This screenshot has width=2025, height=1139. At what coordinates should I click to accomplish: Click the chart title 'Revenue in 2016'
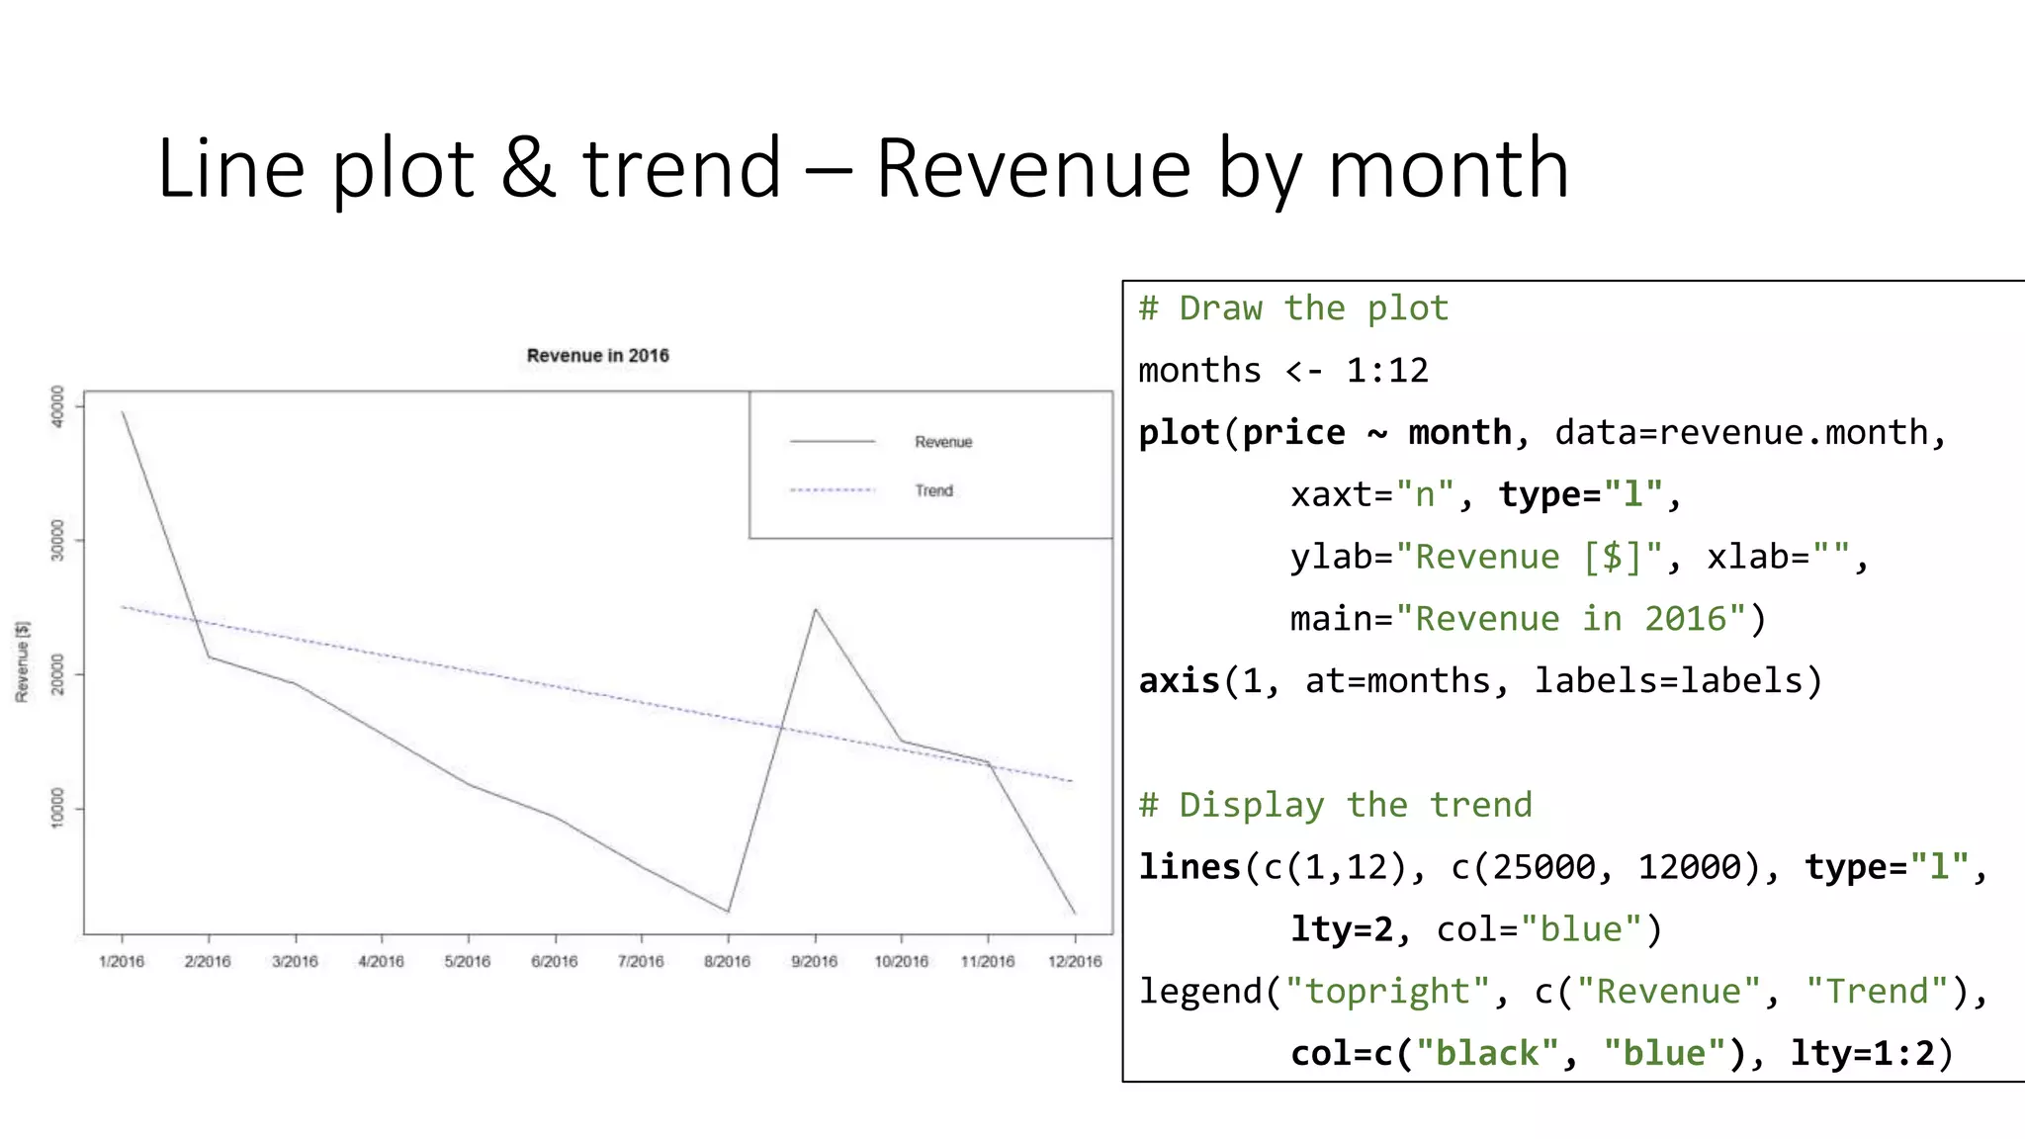point(597,356)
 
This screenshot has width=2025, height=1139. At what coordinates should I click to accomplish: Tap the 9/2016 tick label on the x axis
point(814,961)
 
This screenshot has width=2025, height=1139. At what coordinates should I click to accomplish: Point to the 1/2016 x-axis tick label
point(122,961)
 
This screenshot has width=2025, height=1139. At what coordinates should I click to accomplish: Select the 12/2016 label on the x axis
point(1075,961)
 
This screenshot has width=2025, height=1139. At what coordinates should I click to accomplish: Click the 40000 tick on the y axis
point(57,406)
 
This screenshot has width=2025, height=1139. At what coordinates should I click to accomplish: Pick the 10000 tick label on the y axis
point(57,808)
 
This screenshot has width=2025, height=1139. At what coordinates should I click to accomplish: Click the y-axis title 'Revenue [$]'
point(23,661)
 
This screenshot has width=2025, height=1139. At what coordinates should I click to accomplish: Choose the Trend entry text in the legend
point(933,490)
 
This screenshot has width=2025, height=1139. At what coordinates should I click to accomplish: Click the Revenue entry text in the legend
point(943,442)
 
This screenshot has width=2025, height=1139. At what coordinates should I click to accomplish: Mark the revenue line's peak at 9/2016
point(815,609)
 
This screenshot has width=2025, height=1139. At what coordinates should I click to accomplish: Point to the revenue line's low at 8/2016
point(728,911)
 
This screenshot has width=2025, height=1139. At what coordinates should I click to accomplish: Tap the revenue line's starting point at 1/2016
point(123,412)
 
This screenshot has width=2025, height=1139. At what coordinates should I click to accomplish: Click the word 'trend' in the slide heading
point(682,169)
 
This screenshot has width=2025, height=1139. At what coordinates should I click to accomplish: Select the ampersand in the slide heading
point(527,169)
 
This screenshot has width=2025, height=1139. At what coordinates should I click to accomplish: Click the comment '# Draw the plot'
point(1293,308)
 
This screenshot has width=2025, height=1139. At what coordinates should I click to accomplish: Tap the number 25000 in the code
point(1543,867)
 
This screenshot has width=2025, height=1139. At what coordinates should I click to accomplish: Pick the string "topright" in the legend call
point(1387,991)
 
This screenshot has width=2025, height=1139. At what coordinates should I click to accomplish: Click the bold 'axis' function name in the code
point(1180,680)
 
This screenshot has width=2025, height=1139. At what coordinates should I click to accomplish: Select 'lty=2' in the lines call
point(1342,929)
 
